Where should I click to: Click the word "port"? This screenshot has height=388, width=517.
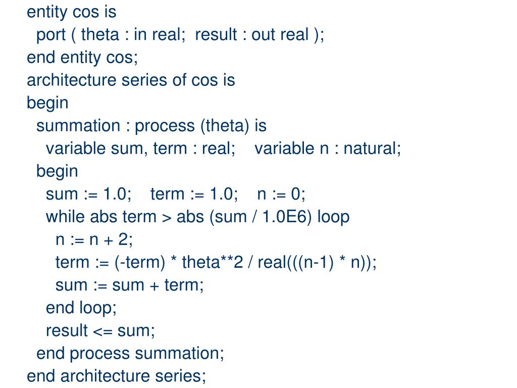point(51,35)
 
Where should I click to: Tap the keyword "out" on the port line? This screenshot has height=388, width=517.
point(263,35)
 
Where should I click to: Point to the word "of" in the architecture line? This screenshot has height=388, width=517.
point(179,80)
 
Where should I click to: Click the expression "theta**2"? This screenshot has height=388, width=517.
point(213,262)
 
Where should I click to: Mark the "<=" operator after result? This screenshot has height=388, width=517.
point(102,330)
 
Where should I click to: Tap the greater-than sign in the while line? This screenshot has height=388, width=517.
point(167,217)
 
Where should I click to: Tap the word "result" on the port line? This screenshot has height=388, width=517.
point(216,35)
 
